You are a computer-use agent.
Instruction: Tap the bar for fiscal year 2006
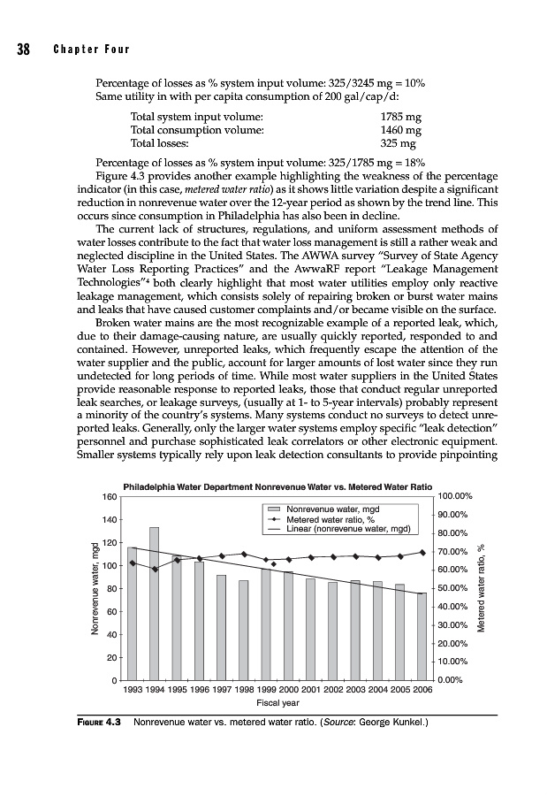[x=422, y=636]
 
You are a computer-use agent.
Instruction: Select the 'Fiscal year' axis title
[x=277, y=703]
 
